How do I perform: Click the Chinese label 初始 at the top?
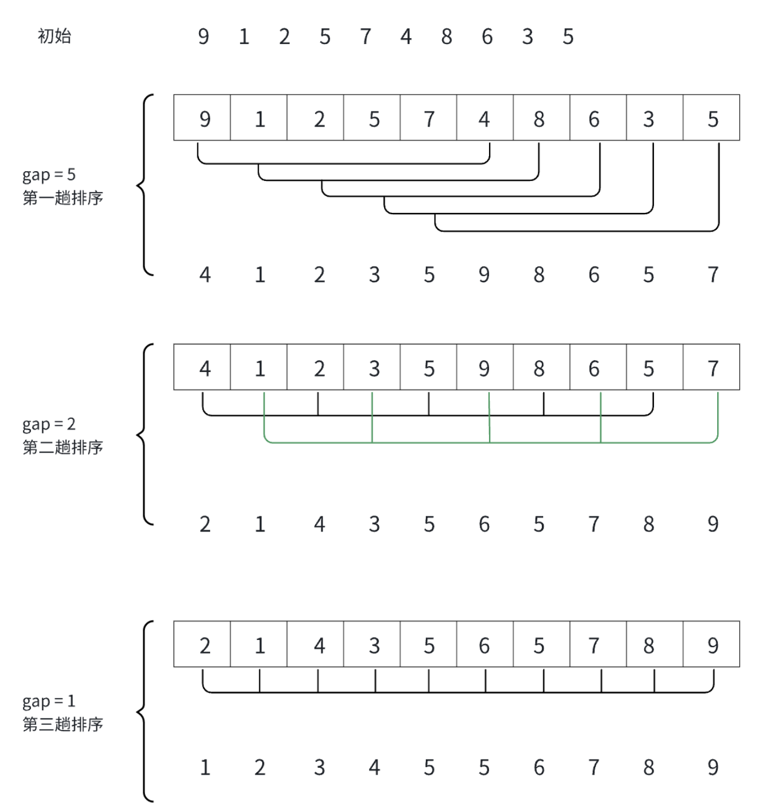click(x=55, y=36)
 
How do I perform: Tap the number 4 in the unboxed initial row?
click(x=406, y=37)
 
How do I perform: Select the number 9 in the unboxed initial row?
click(x=204, y=37)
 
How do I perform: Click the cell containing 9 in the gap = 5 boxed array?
click(x=202, y=118)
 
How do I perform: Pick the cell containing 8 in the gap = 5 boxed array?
click(x=541, y=118)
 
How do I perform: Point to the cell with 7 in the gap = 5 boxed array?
click(x=429, y=118)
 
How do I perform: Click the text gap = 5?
click(x=49, y=175)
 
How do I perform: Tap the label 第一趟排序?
click(x=63, y=198)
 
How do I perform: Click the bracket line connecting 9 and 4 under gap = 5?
click(x=343, y=163)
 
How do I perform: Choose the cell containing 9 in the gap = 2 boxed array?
click(x=484, y=367)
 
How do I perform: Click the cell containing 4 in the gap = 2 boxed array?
click(x=202, y=367)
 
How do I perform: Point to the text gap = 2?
click(x=49, y=424)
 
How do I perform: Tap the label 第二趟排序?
click(x=63, y=447)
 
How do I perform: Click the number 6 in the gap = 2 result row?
click(x=484, y=524)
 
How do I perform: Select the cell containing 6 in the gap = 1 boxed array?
click(x=484, y=645)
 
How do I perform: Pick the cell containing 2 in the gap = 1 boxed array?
click(x=202, y=645)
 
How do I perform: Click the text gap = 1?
click(x=49, y=702)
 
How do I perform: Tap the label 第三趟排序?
click(x=63, y=724)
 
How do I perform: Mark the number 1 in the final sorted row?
click(x=205, y=767)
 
